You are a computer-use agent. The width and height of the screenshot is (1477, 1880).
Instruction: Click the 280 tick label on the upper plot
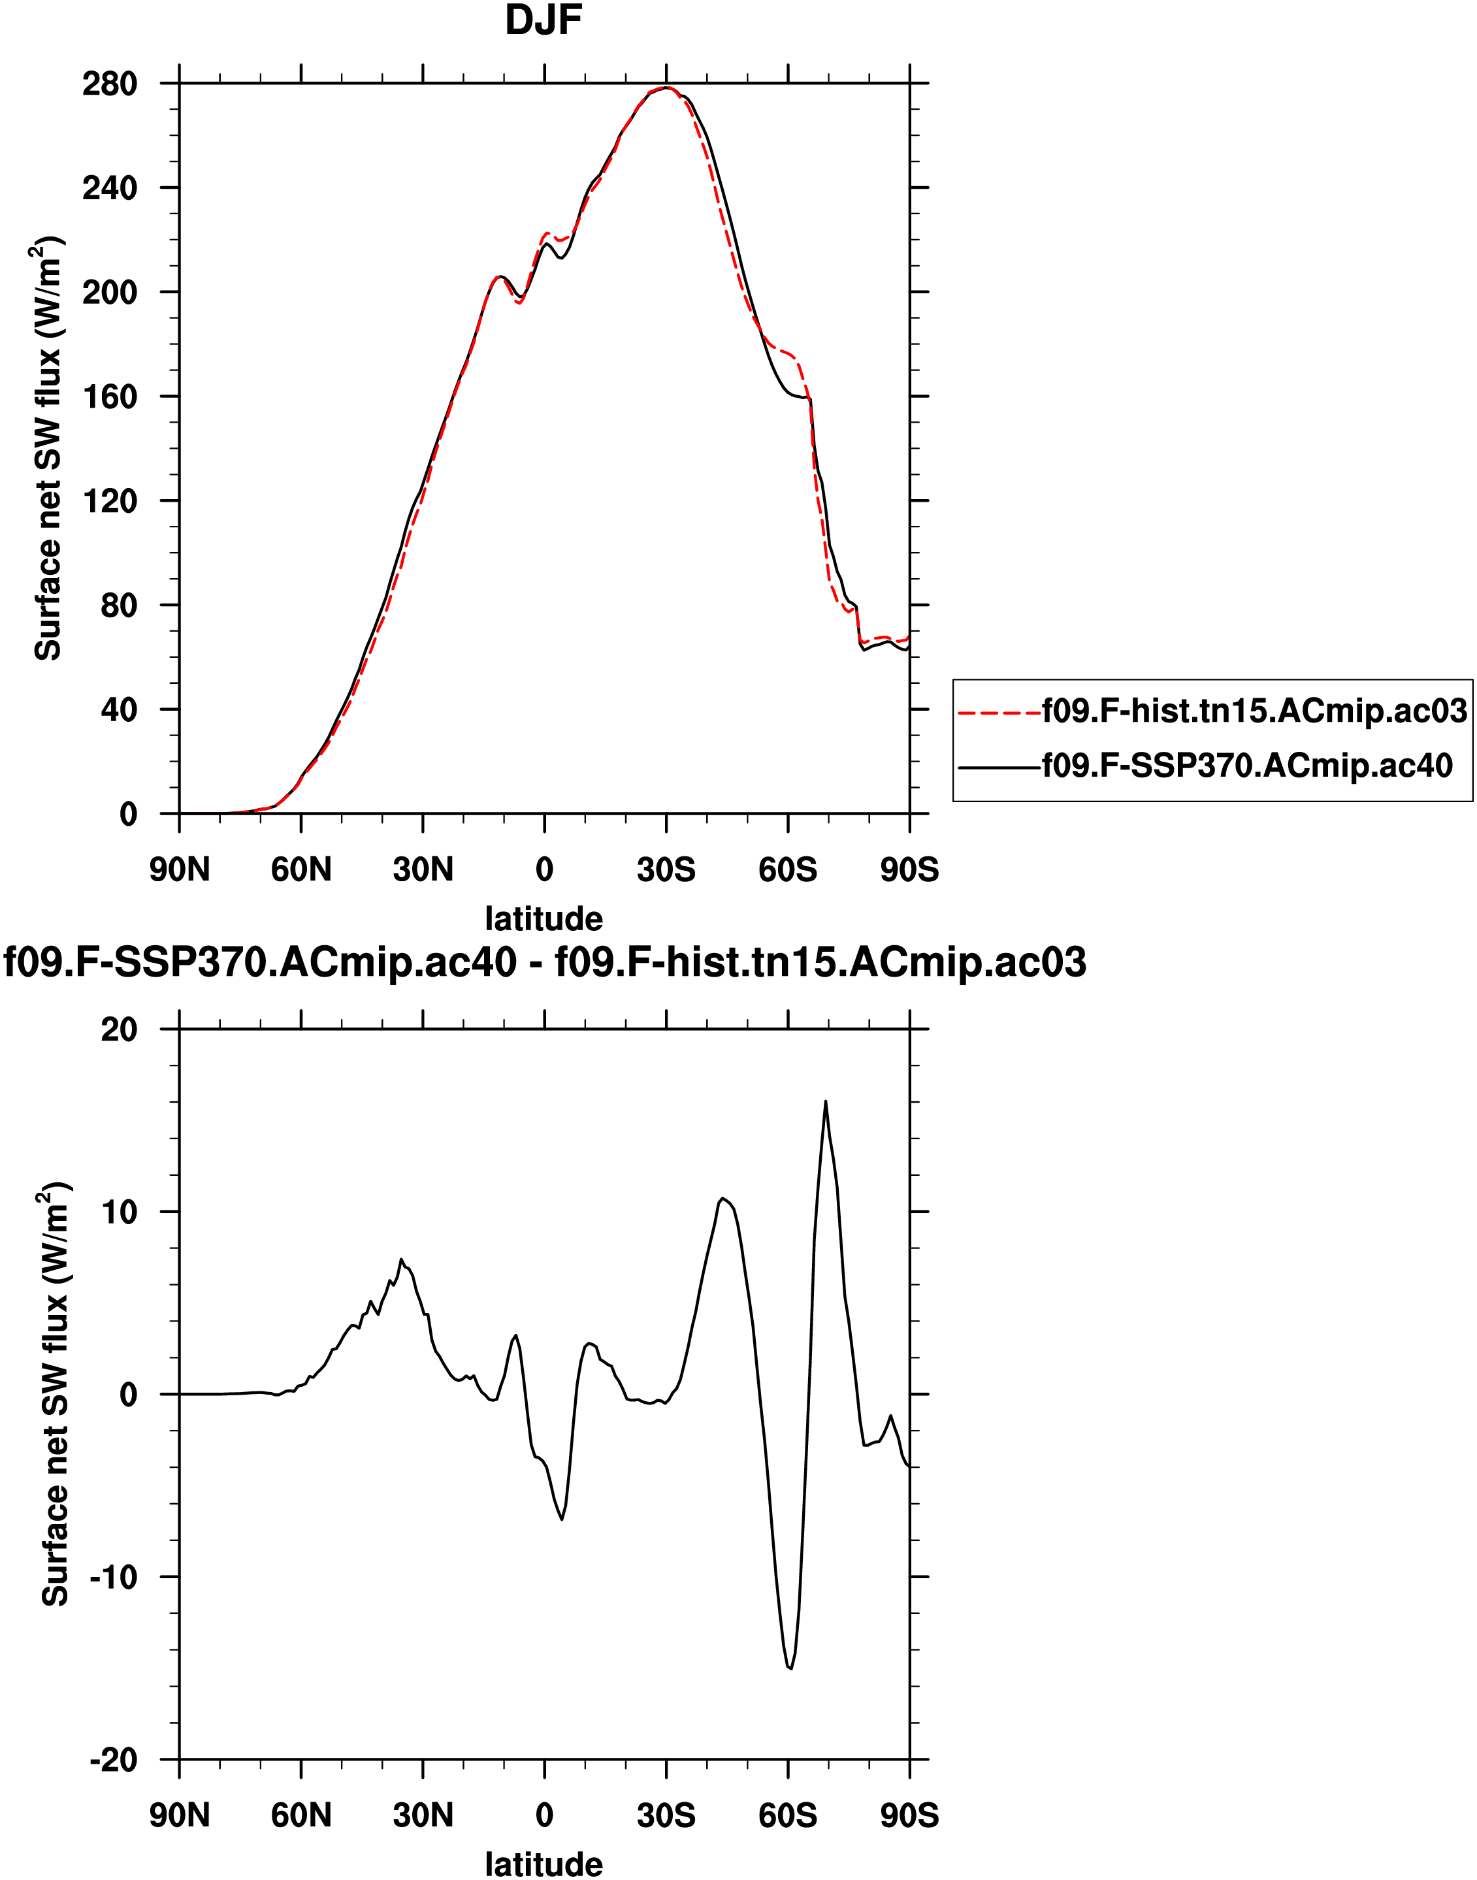point(110,84)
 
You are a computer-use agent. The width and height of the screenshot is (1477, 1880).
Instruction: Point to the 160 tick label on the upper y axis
point(110,397)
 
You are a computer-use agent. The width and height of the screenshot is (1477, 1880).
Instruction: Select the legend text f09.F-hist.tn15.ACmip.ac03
point(1254,711)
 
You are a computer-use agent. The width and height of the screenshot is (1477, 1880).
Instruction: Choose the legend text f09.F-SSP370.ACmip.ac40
point(1247,766)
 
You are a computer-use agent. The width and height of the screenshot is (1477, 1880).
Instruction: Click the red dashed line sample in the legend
point(999,713)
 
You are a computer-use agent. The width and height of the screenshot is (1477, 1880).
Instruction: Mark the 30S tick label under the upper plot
point(666,869)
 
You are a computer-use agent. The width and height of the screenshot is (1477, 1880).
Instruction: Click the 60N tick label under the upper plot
point(301,869)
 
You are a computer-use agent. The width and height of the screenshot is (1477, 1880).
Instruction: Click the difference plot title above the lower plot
point(545,962)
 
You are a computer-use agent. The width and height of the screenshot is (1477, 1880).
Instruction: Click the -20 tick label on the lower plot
point(113,1760)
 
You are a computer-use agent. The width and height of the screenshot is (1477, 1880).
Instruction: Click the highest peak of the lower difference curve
point(826,1102)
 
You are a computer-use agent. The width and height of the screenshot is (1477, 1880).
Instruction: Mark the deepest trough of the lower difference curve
point(790,1669)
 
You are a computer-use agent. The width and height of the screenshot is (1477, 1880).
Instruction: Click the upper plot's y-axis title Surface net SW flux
point(48,449)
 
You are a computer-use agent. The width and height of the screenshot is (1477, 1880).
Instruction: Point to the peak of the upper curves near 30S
point(665,88)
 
